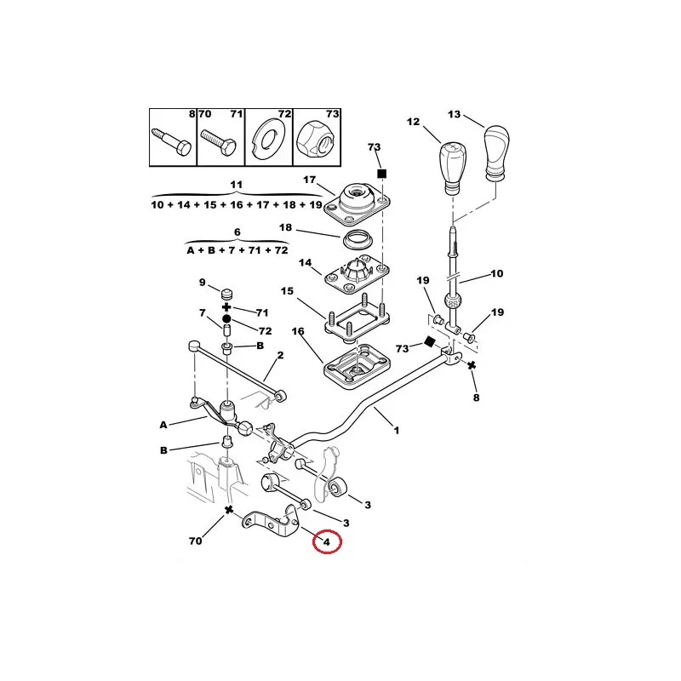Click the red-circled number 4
click(327, 541)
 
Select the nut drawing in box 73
click(315, 139)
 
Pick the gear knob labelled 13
click(496, 152)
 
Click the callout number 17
click(309, 180)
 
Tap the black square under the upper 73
click(381, 174)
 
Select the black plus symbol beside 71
click(226, 307)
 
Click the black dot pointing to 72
click(226, 319)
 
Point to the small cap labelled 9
click(226, 294)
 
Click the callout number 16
click(298, 331)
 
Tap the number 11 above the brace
click(237, 185)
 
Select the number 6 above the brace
click(237, 232)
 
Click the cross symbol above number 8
click(472, 365)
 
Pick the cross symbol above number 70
click(229, 509)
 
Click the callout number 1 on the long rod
click(396, 431)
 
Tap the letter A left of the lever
click(163, 425)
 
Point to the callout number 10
click(497, 273)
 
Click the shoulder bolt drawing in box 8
click(172, 141)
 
